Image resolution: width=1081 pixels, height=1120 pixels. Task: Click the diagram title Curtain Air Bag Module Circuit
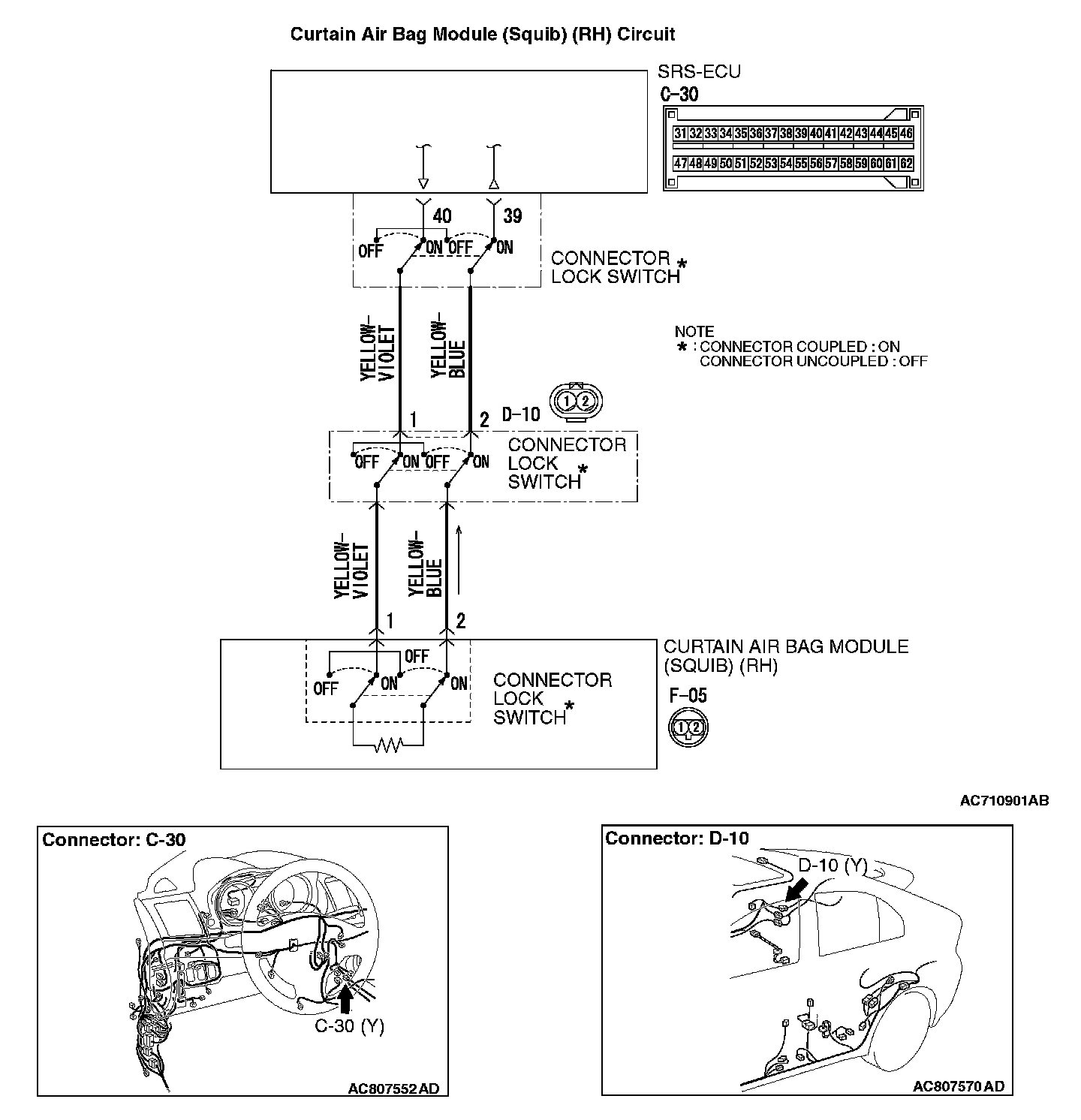click(x=483, y=35)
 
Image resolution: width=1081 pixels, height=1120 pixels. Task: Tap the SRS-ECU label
click(x=699, y=72)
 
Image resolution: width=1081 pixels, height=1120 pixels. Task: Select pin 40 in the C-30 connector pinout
click(x=816, y=134)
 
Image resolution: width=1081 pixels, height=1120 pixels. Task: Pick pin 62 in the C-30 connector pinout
click(x=906, y=163)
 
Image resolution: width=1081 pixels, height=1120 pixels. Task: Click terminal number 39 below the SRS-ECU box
click(x=512, y=216)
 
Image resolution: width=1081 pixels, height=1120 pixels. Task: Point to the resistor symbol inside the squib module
click(x=388, y=745)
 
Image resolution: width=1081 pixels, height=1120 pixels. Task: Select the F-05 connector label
click(x=688, y=696)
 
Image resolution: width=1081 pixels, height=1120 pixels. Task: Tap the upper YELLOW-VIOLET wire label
click(x=378, y=351)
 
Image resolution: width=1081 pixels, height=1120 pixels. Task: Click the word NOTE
click(x=694, y=332)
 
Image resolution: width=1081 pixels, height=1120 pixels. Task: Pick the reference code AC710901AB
click(x=1004, y=801)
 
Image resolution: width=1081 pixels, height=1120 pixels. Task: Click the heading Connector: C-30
click(x=113, y=839)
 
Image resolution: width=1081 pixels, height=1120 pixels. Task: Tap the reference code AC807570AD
click(x=958, y=1086)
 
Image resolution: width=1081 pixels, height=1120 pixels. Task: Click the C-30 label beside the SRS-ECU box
click(x=679, y=95)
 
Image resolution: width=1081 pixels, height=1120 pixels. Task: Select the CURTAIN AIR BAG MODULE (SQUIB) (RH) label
click(x=785, y=656)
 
